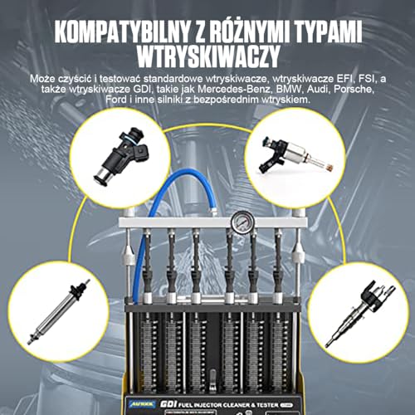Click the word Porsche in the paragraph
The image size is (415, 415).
(x=361, y=88)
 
